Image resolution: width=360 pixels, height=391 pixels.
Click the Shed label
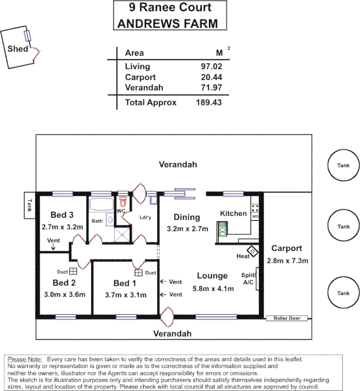tap(18, 49)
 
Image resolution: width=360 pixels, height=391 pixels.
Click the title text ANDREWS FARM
tap(166, 23)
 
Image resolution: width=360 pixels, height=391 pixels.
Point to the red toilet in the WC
tap(123, 201)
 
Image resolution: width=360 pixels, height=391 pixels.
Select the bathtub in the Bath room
tap(102, 205)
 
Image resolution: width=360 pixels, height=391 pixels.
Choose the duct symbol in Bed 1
tap(138, 272)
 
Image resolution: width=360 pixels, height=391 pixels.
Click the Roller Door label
tap(287, 319)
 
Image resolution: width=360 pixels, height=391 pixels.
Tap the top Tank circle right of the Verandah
tap(343, 165)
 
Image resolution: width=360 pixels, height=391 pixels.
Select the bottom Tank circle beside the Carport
tap(343, 293)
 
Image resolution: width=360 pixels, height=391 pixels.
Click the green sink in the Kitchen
tap(223, 229)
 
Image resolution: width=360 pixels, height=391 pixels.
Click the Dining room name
tap(186, 217)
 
